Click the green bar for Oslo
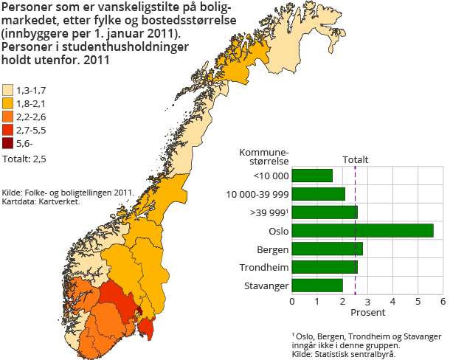362,231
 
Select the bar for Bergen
328,249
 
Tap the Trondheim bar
325,267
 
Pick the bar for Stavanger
317,285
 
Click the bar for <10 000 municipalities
312,176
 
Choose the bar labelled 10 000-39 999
319,194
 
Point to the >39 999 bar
325,212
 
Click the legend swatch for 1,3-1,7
7,90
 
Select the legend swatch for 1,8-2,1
7,103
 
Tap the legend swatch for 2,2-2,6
7,117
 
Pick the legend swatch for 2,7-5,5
7,130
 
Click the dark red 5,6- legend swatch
7,143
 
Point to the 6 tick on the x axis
443,301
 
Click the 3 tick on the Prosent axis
367,301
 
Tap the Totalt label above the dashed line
356,159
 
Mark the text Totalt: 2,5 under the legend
24,158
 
